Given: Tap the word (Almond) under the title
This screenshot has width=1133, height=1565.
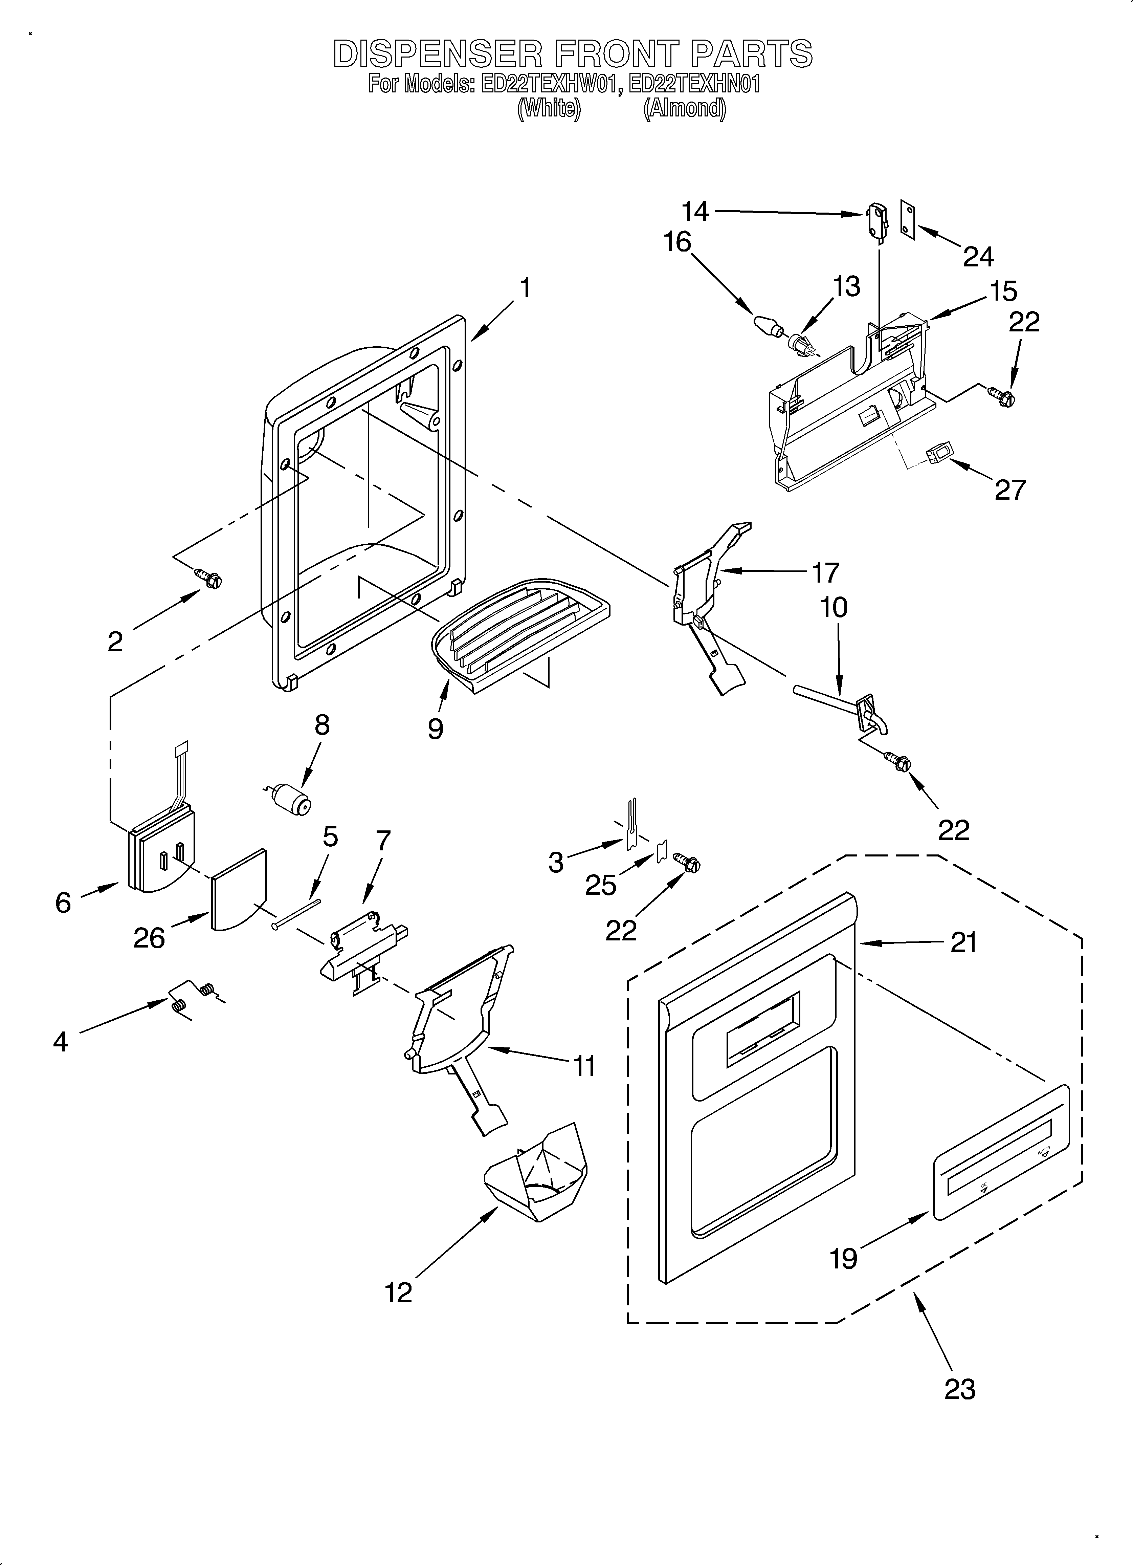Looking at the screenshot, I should point(684,109).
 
